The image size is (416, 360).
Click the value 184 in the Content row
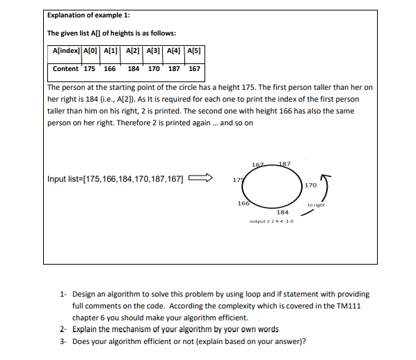coord(133,69)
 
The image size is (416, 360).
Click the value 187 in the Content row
coord(175,69)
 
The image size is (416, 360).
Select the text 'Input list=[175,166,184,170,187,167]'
coord(115,179)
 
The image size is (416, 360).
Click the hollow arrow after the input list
coord(202,179)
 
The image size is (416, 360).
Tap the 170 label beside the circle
coord(310,185)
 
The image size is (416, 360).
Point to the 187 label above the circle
coord(284,164)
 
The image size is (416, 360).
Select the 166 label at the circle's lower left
coord(243,203)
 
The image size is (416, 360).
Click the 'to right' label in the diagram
coord(317,205)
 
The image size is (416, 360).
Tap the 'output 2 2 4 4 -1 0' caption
coord(271,221)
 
